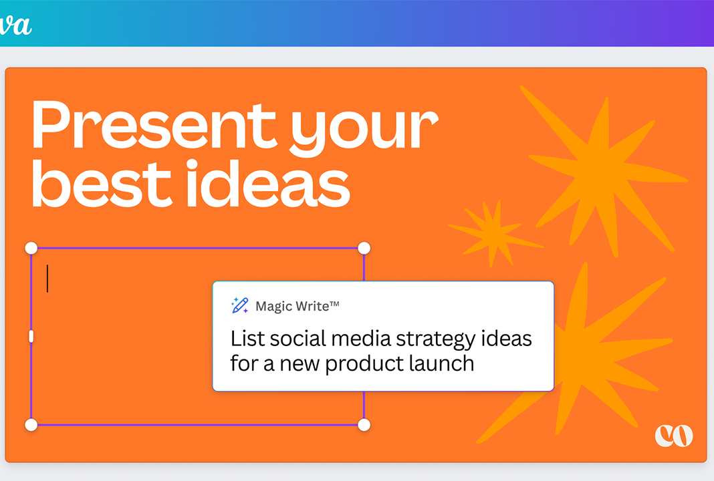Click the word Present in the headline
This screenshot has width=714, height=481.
tap(154, 124)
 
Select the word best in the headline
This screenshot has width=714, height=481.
tap(102, 184)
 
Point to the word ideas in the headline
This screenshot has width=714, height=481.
tap(268, 184)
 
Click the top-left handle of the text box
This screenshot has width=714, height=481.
tap(31, 248)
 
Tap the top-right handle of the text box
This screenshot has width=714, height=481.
tap(364, 248)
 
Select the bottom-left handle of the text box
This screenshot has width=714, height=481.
tap(31, 425)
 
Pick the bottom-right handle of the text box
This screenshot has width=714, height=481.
tap(364, 425)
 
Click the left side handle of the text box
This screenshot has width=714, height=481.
tap(31, 336)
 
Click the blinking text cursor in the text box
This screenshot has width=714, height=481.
tap(47, 279)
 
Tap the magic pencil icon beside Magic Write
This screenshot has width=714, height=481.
tap(239, 305)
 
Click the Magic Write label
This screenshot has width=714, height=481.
tap(297, 306)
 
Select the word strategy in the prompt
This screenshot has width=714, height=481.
tap(436, 339)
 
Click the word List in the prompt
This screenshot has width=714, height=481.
tap(247, 339)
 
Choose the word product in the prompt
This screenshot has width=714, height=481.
tap(364, 364)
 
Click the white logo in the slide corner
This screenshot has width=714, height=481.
tap(674, 436)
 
